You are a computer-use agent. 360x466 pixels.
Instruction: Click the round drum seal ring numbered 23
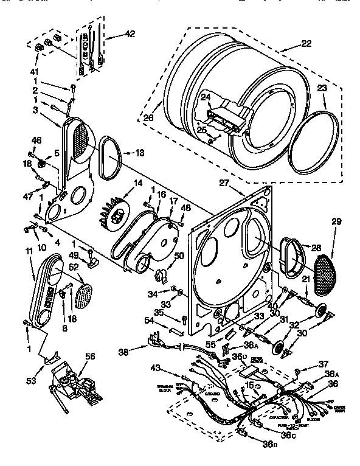[315, 141]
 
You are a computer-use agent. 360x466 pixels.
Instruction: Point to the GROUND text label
[212, 394]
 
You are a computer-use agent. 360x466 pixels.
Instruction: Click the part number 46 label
[36, 141]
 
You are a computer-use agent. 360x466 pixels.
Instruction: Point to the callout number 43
[156, 367]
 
